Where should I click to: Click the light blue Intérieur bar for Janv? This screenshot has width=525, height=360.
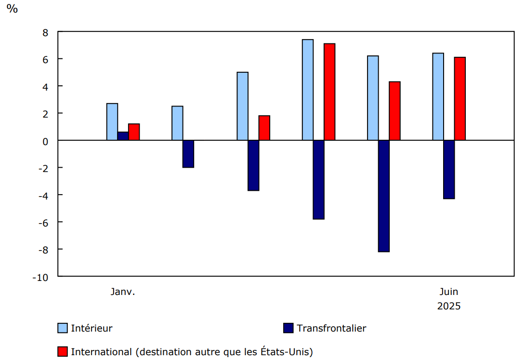coord(112,121)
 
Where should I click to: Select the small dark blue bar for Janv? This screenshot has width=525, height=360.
coord(123,136)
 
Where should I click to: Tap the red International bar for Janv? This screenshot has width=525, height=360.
coord(134,132)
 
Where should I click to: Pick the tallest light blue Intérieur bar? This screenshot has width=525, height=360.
coord(308,90)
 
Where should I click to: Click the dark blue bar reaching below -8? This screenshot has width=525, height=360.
coord(384,196)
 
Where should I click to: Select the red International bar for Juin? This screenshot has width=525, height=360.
coord(460,98)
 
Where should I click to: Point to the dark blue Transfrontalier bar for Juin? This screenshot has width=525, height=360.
coord(449,169)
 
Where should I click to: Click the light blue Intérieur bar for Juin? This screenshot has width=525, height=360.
coord(438,96)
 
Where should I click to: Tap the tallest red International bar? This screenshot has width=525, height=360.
coord(329,92)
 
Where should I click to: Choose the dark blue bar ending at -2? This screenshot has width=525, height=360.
coord(188,154)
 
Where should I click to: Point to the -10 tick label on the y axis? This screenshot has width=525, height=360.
coord(40,277)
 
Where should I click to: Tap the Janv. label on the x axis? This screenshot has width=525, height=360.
coord(123,292)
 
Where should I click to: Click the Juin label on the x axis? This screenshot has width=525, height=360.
coord(449,292)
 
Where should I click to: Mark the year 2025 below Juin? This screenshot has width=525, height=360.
coord(449,306)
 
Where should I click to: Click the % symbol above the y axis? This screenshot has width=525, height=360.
coord(12,9)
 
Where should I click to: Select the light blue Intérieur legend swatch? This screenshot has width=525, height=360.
coord(63,328)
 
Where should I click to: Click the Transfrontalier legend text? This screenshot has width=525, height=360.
coord(331,328)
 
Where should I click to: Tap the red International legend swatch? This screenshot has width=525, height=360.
coord(63,352)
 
